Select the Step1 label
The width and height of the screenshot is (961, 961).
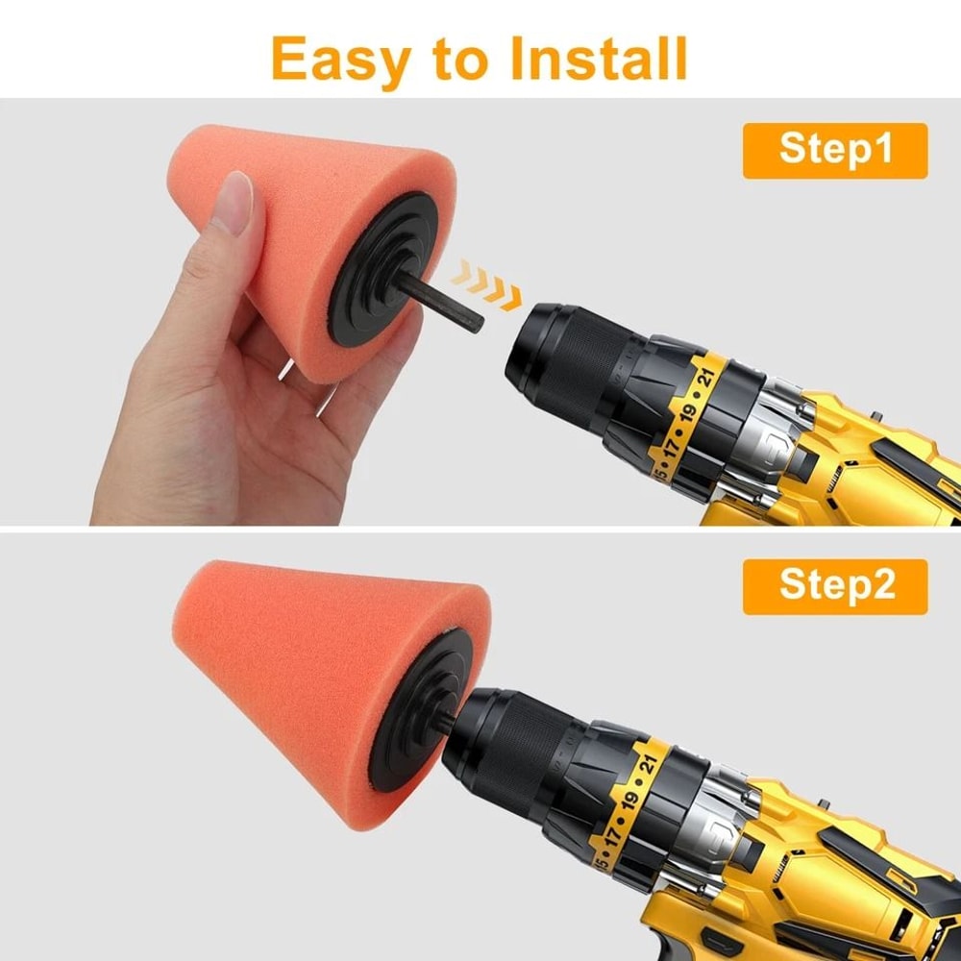834,150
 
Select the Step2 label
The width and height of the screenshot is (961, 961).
834,586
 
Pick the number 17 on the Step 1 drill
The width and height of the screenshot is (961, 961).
674,443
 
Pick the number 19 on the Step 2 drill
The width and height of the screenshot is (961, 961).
631,801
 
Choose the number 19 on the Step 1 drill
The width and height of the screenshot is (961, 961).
689,411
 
